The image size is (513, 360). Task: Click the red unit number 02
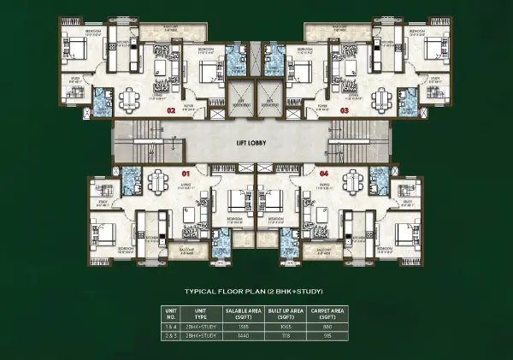(x=171, y=110)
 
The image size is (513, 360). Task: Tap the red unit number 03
(x=344, y=110)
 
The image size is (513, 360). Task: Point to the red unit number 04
(x=323, y=172)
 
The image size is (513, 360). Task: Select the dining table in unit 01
(x=158, y=181)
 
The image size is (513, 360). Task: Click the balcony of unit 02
(x=177, y=31)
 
